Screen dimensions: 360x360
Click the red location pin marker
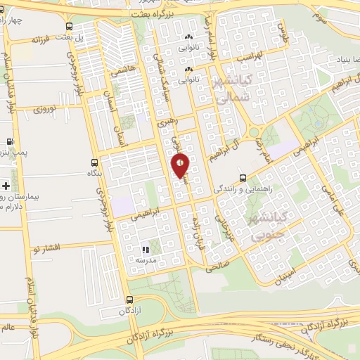coord(181,166)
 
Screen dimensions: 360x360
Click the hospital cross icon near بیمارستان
coord(6,186)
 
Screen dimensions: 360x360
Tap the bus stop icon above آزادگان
coord(127,298)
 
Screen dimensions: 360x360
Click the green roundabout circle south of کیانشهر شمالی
coord(255,132)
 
